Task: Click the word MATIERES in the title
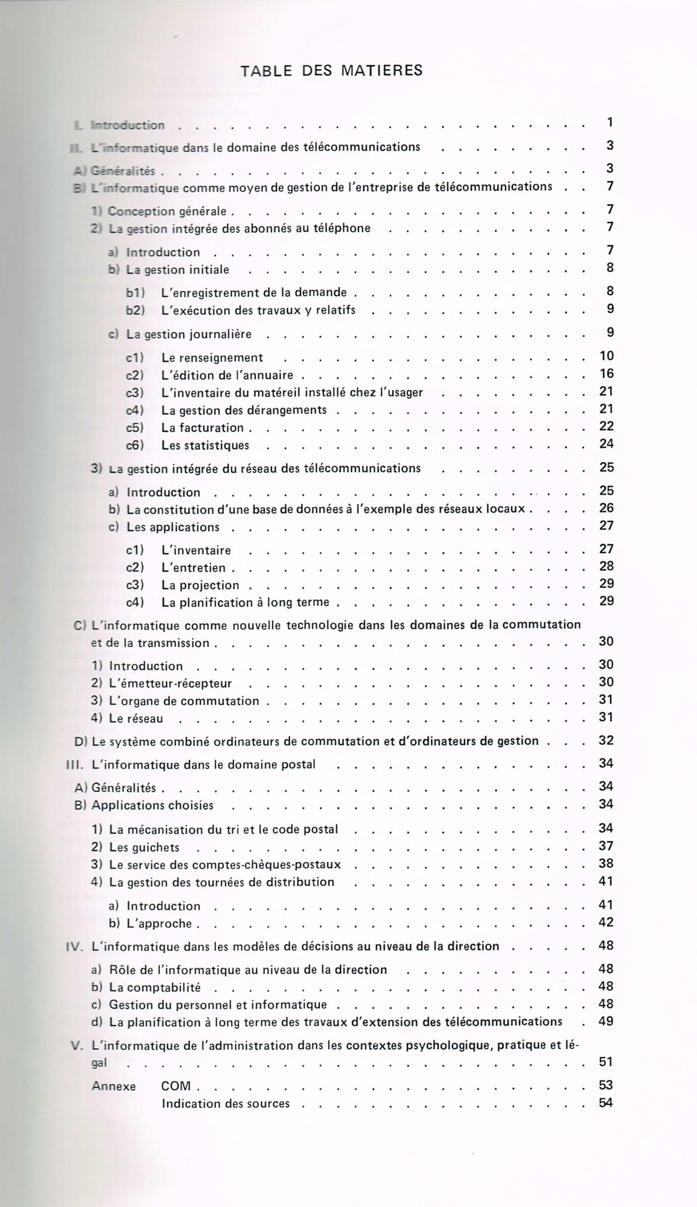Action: tap(382, 71)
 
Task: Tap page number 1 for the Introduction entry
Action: tap(610, 123)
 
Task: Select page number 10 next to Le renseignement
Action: tap(606, 355)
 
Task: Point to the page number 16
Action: tap(606, 373)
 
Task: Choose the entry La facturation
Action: tap(203, 428)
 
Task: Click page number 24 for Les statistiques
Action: tap(606, 444)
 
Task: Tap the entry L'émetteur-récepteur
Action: tap(171, 683)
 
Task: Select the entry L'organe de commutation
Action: tap(184, 701)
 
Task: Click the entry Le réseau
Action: tap(136, 718)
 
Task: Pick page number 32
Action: tap(606, 740)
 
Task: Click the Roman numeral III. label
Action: tap(74, 765)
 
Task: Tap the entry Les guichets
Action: tap(144, 847)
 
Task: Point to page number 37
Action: tap(606, 846)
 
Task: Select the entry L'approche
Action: tap(159, 924)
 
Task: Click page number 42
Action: tap(606, 922)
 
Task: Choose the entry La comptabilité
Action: tap(155, 988)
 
